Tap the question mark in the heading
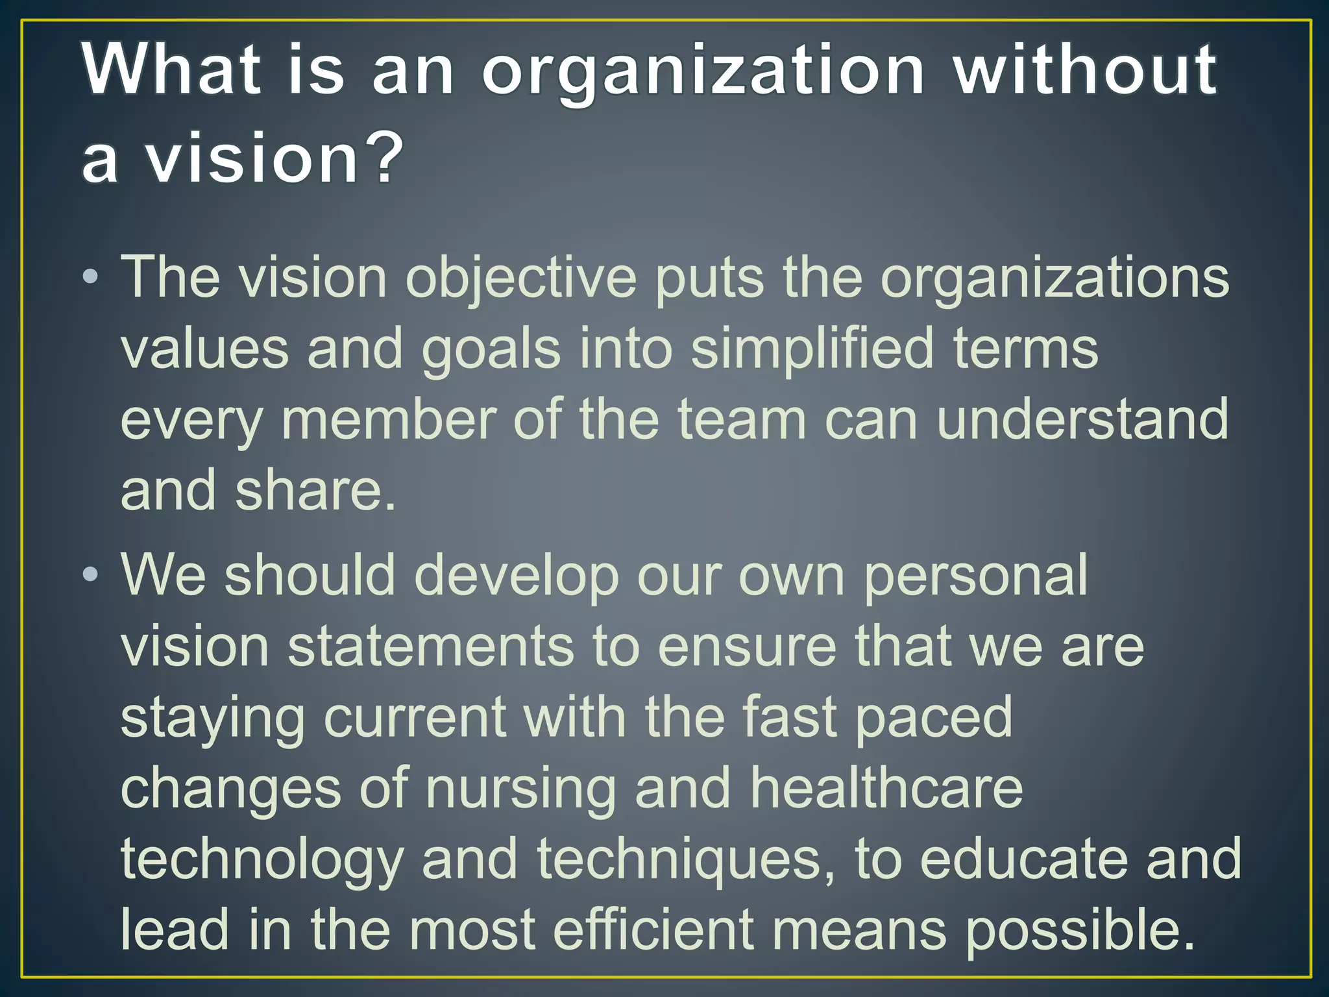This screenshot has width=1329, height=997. click(x=379, y=157)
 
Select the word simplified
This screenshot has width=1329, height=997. click(x=812, y=349)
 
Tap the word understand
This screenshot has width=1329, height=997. click(x=1082, y=420)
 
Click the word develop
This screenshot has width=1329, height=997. click(x=517, y=576)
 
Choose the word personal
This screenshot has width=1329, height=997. click(x=975, y=576)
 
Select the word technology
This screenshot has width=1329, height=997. click(x=262, y=861)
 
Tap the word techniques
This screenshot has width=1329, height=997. click(x=679, y=861)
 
